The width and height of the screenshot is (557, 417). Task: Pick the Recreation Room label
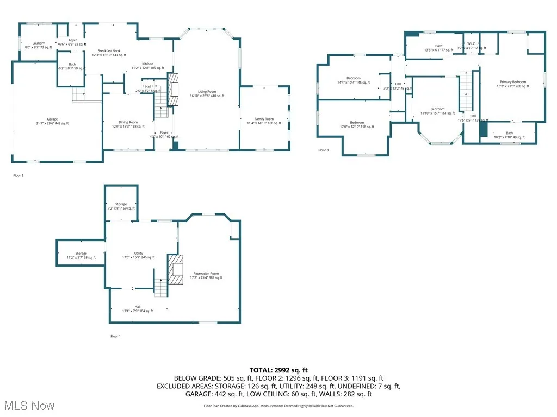pos(206,275)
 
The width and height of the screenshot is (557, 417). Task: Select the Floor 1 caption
pos(115,336)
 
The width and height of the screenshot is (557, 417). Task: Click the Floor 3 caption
pos(323,150)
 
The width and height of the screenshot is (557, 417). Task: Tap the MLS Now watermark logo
pos(28,406)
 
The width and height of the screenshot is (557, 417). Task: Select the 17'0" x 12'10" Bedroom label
pos(357,124)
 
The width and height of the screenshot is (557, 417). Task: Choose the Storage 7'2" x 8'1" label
pos(121,206)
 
